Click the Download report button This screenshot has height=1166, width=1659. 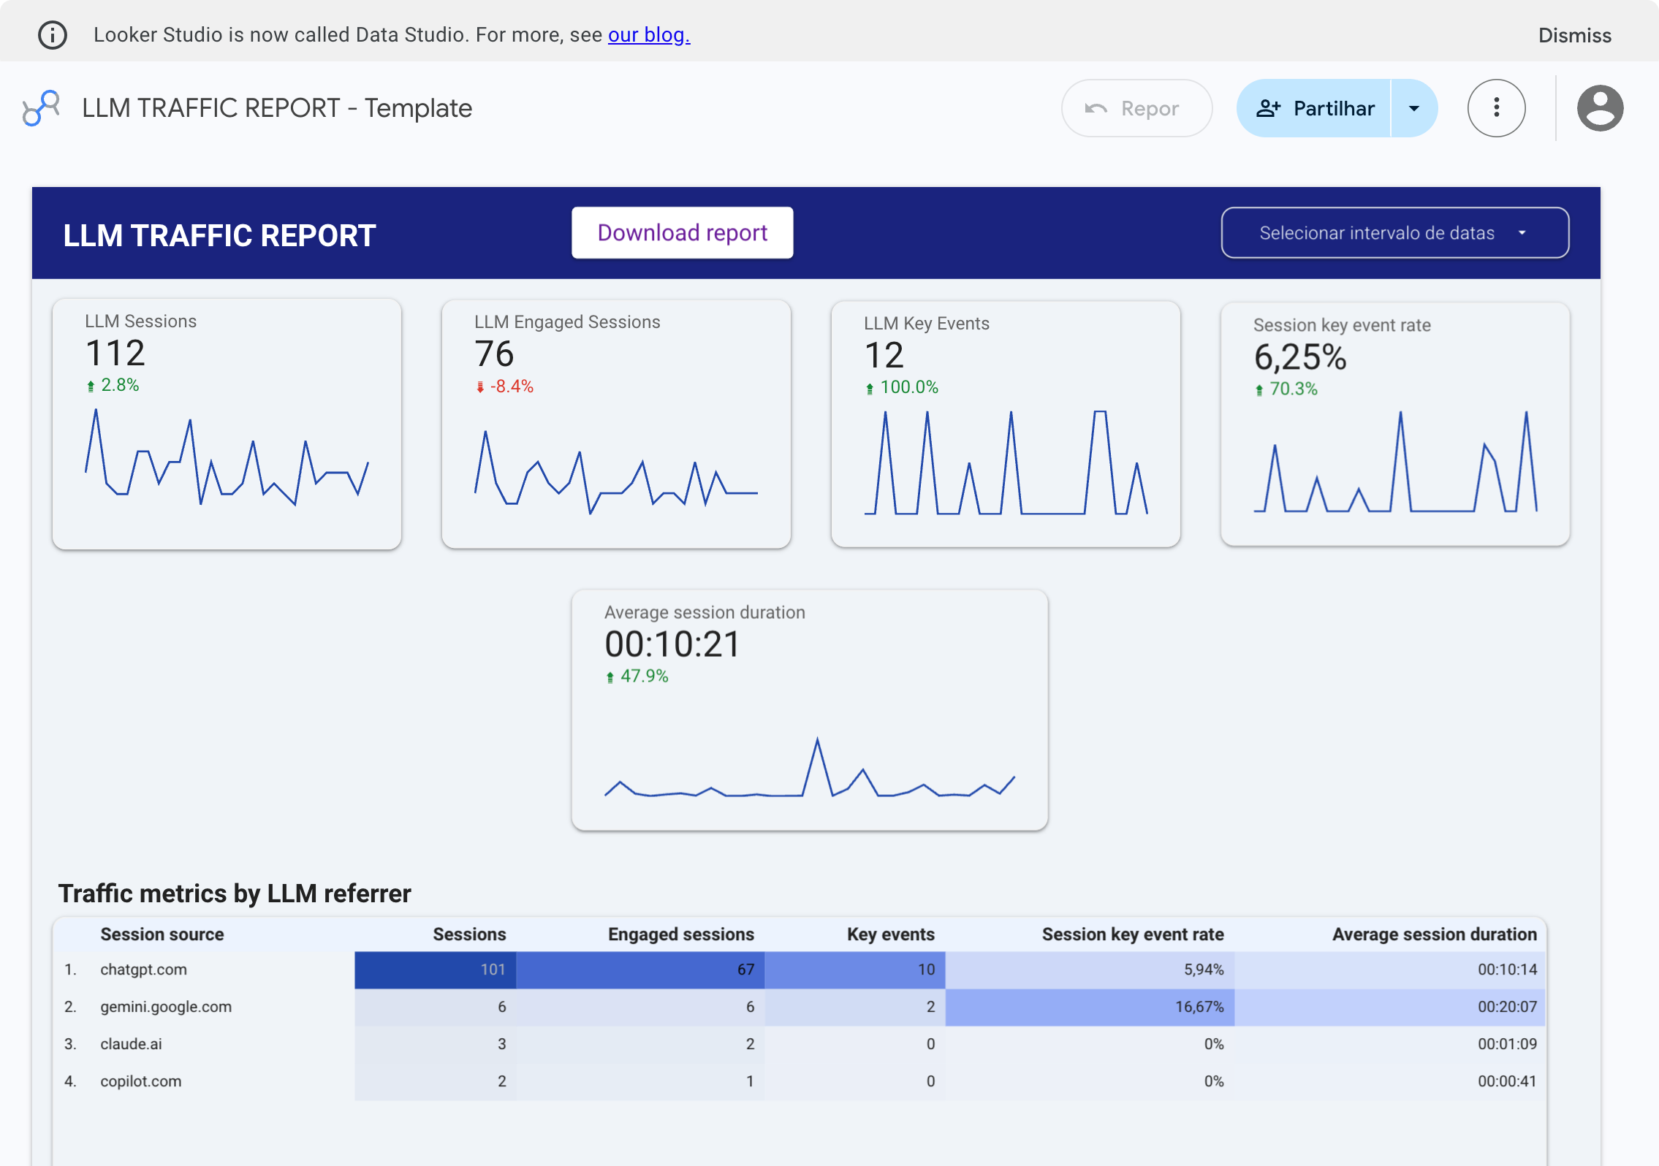point(682,232)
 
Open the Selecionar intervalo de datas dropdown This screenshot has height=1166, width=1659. point(1394,233)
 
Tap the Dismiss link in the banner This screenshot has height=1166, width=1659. point(1574,35)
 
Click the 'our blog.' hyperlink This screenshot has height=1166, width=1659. point(648,34)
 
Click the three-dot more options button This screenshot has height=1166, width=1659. point(1496,108)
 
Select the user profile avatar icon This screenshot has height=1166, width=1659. point(1599,108)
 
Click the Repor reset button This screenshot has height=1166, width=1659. point(1136,108)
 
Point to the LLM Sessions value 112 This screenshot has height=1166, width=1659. point(115,354)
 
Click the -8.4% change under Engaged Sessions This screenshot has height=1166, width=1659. point(511,386)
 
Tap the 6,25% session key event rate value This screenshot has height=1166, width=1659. point(1299,357)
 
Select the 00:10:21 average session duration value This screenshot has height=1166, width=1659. point(672,644)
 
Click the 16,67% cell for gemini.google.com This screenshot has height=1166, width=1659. point(1199,1007)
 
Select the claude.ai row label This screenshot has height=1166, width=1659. point(132,1044)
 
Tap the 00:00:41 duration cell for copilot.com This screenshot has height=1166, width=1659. point(1506,1081)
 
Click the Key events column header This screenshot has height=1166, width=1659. point(890,934)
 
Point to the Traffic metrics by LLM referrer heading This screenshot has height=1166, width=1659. point(235,893)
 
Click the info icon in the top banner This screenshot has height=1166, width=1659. point(53,34)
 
